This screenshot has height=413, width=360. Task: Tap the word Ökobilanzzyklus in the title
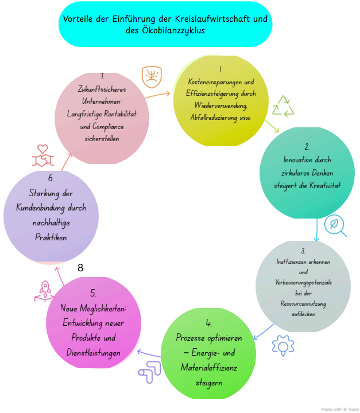coord(173,30)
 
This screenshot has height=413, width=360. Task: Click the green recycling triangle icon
coord(283,107)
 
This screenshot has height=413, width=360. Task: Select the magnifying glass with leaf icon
coord(335,226)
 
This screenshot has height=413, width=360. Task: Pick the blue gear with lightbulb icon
coord(283,345)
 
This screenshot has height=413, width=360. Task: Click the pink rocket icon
coord(45,291)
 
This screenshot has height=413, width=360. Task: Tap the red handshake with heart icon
coord(42,155)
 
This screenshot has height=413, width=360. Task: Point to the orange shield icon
coord(152,77)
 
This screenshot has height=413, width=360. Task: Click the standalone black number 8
coord(80,268)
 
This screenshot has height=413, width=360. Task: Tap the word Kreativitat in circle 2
coord(325,185)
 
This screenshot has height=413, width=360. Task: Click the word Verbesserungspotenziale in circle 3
coord(304,283)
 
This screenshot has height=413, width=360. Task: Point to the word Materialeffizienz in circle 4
coord(209,368)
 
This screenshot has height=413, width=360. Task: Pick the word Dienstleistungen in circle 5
coord(94,353)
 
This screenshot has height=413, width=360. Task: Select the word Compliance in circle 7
coord(108,127)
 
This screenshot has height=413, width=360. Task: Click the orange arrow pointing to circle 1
coord(157,95)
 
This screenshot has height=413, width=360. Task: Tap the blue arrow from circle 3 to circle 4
coord(264,332)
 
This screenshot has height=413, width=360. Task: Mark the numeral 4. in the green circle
coord(208,323)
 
